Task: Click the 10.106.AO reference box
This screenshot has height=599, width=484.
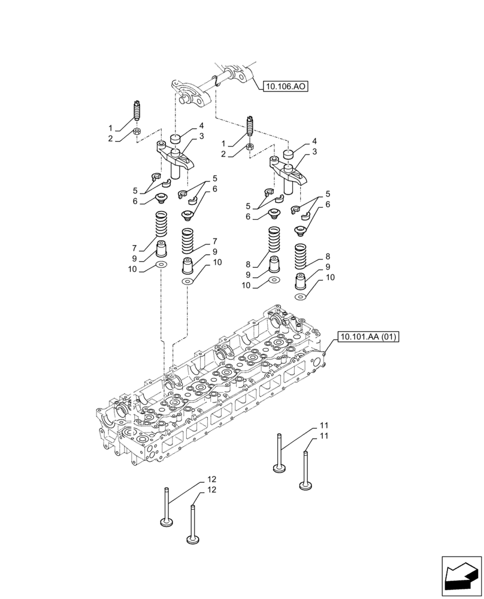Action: point(285,87)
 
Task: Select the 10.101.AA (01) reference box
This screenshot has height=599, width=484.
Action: point(368,338)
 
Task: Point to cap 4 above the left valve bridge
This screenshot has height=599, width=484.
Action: point(175,140)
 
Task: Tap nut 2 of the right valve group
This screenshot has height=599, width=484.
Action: point(250,147)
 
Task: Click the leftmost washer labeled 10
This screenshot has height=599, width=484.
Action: point(161,264)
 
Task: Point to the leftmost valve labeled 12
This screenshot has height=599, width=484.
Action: point(166,509)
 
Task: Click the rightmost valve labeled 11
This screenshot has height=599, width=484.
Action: point(305,471)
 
